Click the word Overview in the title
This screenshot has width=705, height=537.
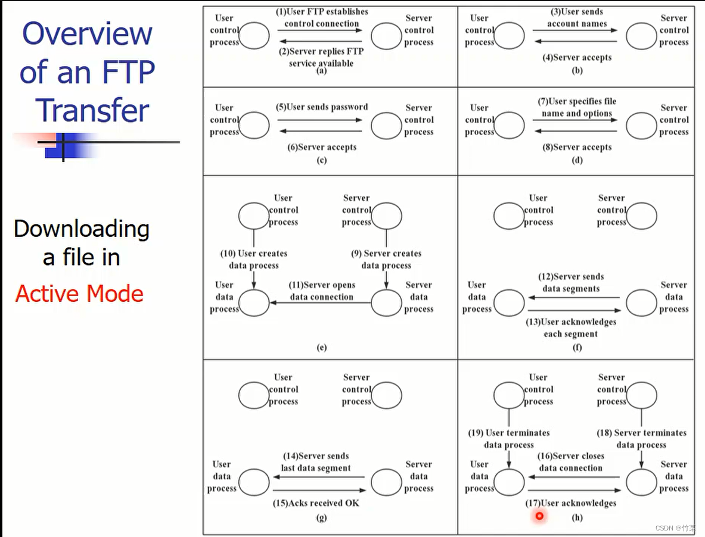[x=87, y=33]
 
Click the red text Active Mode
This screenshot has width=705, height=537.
[x=79, y=294]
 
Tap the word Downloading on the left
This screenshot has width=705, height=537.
[x=82, y=229]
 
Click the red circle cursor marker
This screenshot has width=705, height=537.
[x=539, y=516]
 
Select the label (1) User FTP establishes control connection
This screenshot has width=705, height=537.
[x=322, y=17]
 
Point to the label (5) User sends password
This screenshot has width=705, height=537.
[x=322, y=107]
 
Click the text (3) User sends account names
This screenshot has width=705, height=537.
[x=577, y=17]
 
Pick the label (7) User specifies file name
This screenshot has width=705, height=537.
[x=577, y=107]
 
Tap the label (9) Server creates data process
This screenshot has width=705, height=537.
[x=386, y=259]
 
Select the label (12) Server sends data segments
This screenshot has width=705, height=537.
[x=571, y=282]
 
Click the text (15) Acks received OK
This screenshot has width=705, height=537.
[x=316, y=503]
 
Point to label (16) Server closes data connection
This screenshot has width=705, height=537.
[x=571, y=461]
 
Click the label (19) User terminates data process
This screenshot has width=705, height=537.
[x=509, y=439]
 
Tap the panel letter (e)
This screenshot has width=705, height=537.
[x=322, y=348]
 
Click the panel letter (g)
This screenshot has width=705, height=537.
[x=322, y=517]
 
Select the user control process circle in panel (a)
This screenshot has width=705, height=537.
[x=254, y=36]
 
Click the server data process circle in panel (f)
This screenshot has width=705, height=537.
[x=641, y=303]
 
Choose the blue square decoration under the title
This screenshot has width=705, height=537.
[x=63, y=146]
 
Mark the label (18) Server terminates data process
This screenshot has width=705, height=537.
[x=641, y=439]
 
